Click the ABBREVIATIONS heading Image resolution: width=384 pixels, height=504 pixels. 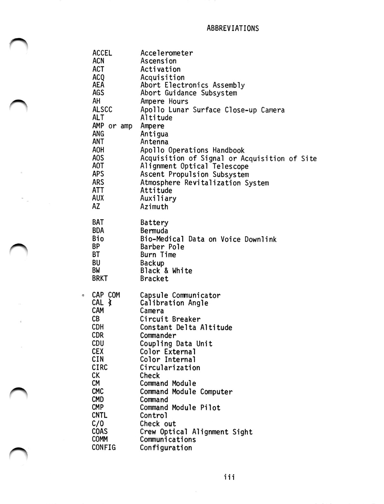(x=232, y=28)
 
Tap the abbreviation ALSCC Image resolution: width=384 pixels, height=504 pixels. (x=102, y=110)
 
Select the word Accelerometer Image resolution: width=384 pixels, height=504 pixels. (x=167, y=53)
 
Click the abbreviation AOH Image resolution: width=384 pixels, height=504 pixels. (x=98, y=150)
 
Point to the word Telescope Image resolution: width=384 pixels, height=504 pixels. (x=230, y=166)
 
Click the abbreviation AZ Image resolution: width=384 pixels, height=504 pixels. (x=96, y=207)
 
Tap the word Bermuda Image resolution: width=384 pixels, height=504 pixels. (x=154, y=231)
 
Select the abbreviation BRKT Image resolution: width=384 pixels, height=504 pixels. (x=100, y=279)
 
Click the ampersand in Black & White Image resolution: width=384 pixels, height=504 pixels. (x=166, y=271)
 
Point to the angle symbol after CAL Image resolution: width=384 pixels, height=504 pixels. (x=110, y=303)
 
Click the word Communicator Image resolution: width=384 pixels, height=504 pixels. (x=196, y=295)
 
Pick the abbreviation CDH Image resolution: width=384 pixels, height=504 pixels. (x=98, y=327)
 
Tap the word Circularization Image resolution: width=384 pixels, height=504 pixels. (x=170, y=367)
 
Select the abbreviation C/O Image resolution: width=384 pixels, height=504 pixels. (x=98, y=423)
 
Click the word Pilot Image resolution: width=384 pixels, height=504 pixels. (x=210, y=408)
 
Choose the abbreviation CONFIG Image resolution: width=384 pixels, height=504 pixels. (x=103, y=447)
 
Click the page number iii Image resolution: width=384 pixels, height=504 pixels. (x=229, y=477)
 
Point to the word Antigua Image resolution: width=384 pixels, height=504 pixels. (x=154, y=134)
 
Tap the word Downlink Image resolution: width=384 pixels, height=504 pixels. (x=260, y=239)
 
